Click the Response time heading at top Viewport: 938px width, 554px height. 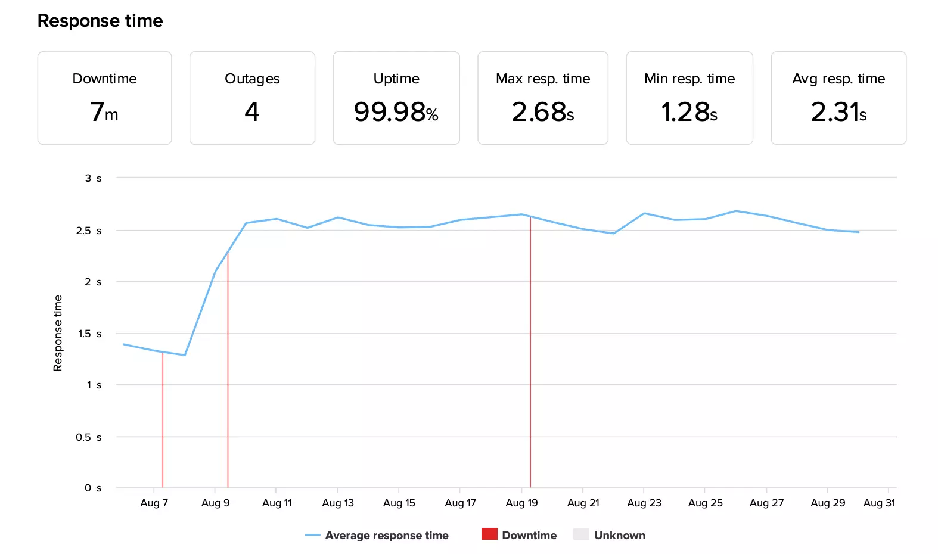pos(100,21)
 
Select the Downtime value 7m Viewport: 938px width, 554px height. pos(104,112)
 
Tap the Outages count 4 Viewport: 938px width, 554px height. pos(252,112)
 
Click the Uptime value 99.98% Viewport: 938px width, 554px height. pos(396,112)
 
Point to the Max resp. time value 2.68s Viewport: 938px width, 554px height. pos(542,112)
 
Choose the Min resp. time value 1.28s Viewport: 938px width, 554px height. pos(689,112)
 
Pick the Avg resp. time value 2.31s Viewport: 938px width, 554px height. pos(838,112)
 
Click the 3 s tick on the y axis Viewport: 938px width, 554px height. pos(93,178)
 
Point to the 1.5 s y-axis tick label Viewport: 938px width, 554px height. pos(89,334)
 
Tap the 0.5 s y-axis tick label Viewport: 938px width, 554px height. pos(88,437)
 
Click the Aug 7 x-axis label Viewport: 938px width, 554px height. pos(154,503)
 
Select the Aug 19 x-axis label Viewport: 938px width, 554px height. pos(521,503)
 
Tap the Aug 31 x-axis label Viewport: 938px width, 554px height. pos(879,503)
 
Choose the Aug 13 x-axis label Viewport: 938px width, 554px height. pos(338,503)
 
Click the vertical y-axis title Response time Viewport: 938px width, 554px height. pos(58,333)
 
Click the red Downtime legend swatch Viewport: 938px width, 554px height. pos(489,534)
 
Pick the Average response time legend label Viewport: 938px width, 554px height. pos(387,535)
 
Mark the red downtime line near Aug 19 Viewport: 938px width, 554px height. pos(530,357)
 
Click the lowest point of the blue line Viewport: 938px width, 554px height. pos(185,355)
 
